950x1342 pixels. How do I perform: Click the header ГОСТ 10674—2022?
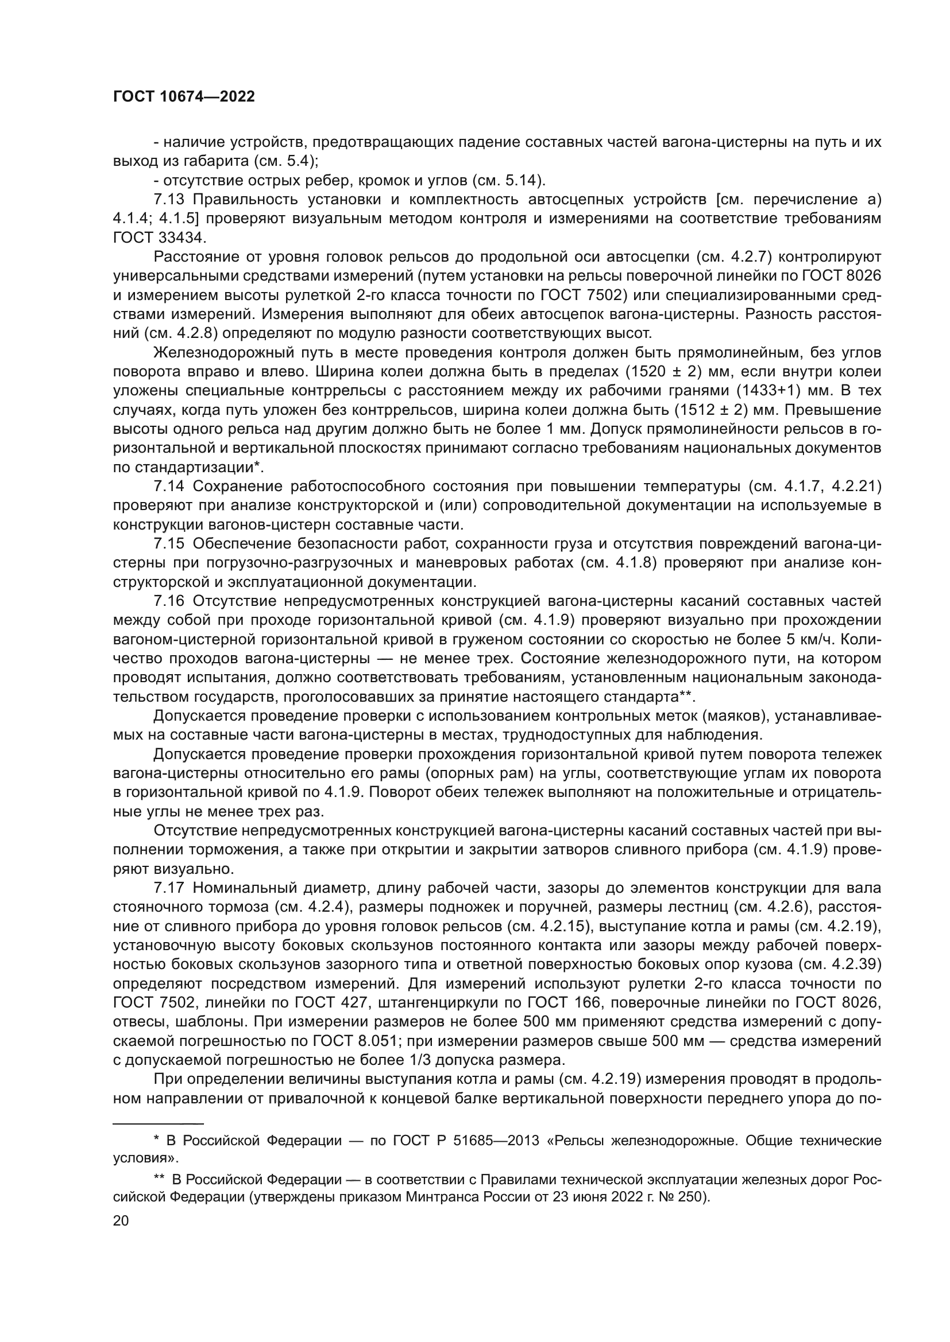184,97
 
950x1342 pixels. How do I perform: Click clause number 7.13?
168,200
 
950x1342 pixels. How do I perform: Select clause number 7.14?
168,487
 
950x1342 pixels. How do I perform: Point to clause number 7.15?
168,544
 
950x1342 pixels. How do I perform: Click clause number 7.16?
168,601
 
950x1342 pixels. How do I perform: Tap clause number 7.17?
168,889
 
